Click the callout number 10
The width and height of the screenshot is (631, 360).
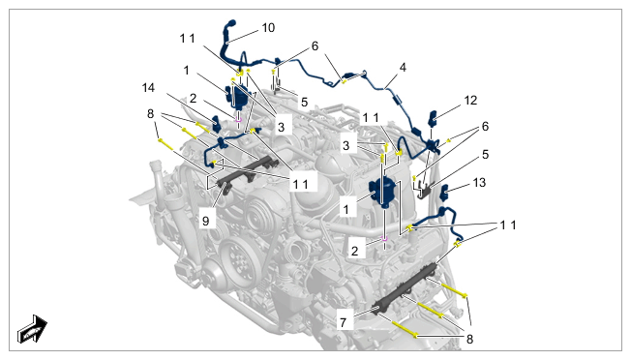[x=268, y=28]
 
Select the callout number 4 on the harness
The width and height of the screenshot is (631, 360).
[x=403, y=67]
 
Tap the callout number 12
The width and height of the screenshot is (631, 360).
[x=470, y=100]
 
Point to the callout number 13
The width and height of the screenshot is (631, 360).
[x=479, y=183]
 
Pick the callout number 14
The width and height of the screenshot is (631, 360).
[x=148, y=88]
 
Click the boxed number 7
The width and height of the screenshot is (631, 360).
[x=343, y=322]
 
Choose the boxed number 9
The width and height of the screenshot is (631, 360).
[x=205, y=221]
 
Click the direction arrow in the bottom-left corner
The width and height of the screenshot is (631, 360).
[x=32, y=329]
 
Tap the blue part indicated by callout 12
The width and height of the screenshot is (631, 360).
[x=434, y=118]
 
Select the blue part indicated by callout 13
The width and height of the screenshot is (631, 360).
[x=444, y=193]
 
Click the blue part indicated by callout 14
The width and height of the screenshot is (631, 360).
[x=216, y=124]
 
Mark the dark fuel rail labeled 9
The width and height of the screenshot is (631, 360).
[x=248, y=173]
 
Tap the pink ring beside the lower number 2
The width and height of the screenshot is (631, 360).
[x=384, y=238]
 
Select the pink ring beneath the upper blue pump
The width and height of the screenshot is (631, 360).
[x=238, y=119]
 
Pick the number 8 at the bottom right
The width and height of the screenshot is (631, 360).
[x=469, y=339]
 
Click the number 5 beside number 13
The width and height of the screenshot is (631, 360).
[x=485, y=155]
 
